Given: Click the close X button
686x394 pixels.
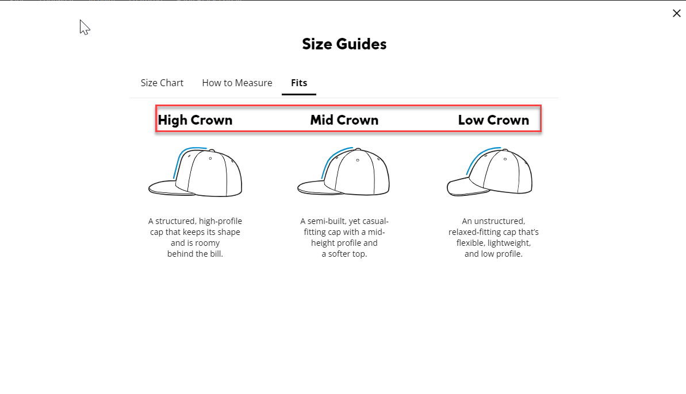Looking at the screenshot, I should (x=676, y=13).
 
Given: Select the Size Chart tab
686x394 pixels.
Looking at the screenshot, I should (x=162, y=83).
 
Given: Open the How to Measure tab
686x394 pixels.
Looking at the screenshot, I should (x=237, y=83).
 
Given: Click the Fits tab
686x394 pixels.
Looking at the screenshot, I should (x=299, y=83).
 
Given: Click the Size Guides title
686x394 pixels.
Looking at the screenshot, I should (x=344, y=44).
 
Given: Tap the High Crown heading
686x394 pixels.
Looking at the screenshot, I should (x=195, y=120).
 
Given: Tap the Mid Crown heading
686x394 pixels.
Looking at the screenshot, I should (x=344, y=120).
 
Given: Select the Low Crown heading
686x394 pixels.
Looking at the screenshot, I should (x=493, y=120).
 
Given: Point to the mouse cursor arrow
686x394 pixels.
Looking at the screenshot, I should (x=84, y=26).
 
